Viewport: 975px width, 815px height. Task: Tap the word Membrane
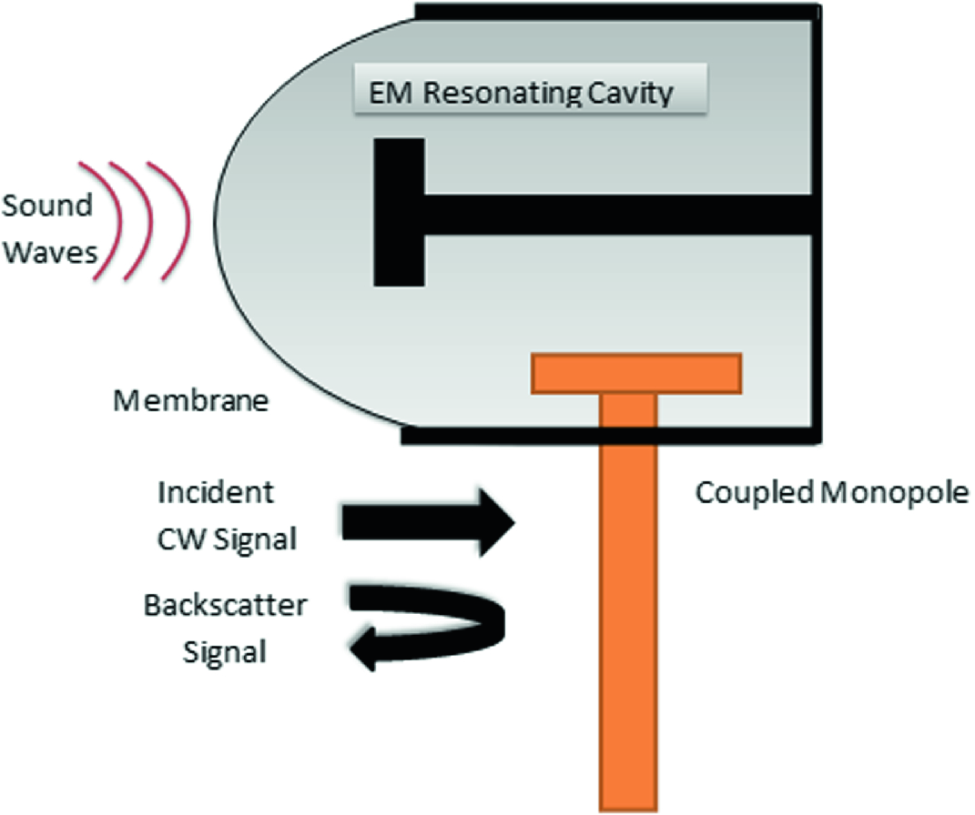[190, 400]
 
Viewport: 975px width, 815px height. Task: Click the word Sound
[47, 205]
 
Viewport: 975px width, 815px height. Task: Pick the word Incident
[216, 493]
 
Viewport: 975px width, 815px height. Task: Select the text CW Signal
[228, 538]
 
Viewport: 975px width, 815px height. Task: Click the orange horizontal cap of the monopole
[637, 374]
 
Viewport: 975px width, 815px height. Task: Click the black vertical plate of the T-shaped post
[398, 212]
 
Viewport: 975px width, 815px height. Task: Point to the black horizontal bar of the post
[619, 214]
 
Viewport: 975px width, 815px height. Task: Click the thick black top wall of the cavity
[619, 12]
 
